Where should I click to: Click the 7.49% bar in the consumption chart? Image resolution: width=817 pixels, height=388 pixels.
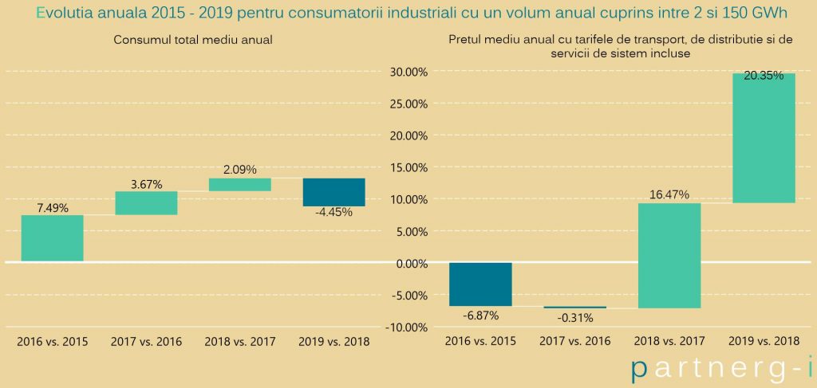pos(52,237)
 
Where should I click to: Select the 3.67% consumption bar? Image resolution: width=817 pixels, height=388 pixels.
pos(147,203)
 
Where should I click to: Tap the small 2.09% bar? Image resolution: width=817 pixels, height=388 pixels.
pos(240,185)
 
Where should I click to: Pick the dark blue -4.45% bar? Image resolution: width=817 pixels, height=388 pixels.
pos(334,193)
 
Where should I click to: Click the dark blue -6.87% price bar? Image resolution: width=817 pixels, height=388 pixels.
pos(481,284)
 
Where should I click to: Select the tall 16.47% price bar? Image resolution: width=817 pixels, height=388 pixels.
pos(669,256)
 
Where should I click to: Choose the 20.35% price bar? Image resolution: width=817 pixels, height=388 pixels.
pos(764,138)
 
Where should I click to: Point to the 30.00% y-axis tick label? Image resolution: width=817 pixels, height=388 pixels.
pos(405,72)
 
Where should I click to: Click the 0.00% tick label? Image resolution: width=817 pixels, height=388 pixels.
pos(408,263)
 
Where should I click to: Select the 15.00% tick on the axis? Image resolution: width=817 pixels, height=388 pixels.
pos(405,167)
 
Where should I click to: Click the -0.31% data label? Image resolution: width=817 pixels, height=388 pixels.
pos(574,318)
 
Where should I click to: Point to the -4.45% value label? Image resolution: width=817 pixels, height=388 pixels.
pos(334,212)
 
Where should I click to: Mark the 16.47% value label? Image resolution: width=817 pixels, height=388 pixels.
pos(669,195)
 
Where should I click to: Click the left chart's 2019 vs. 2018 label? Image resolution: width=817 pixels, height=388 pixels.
pos(334,342)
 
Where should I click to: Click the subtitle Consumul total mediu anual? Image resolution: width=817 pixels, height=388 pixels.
pos(193,40)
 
